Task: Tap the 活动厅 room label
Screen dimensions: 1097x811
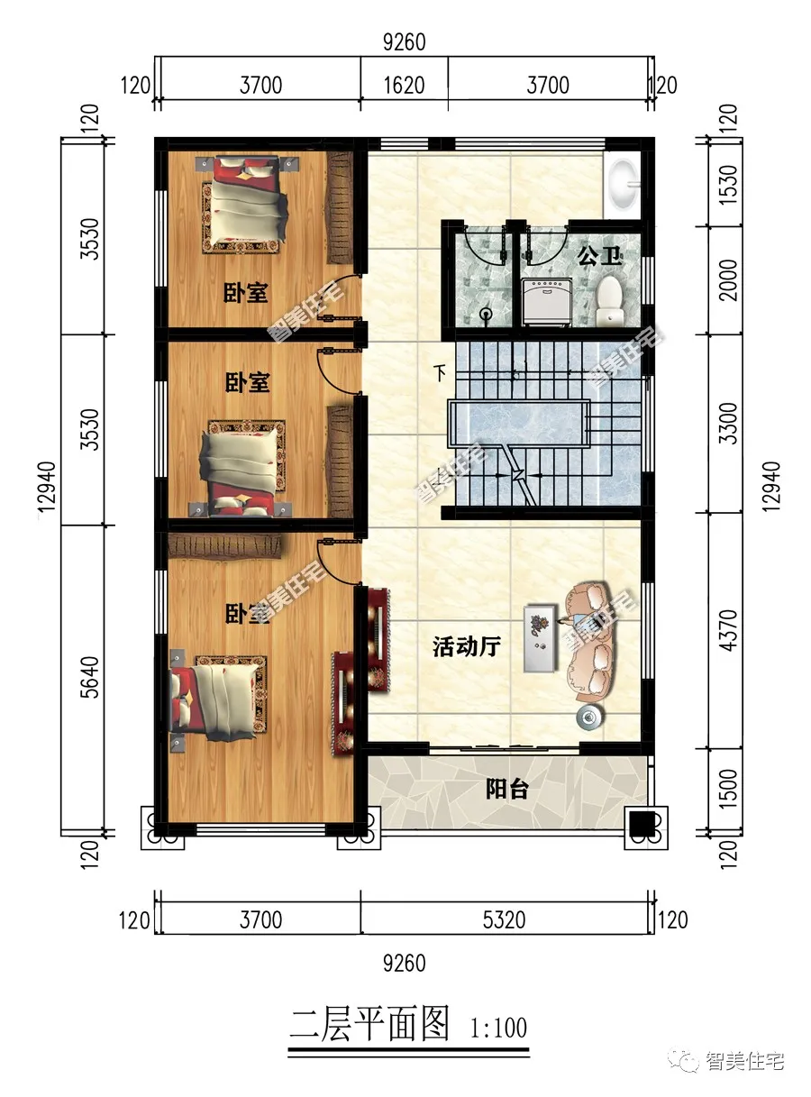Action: tap(466, 646)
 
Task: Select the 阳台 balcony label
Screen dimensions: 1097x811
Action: tap(506, 790)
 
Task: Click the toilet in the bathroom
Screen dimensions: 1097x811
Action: tap(610, 300)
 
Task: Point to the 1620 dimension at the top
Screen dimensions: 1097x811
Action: tap(404, 86)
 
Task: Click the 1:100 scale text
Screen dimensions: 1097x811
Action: tap(497, 1028)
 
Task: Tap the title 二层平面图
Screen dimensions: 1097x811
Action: tap(369, 1026)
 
